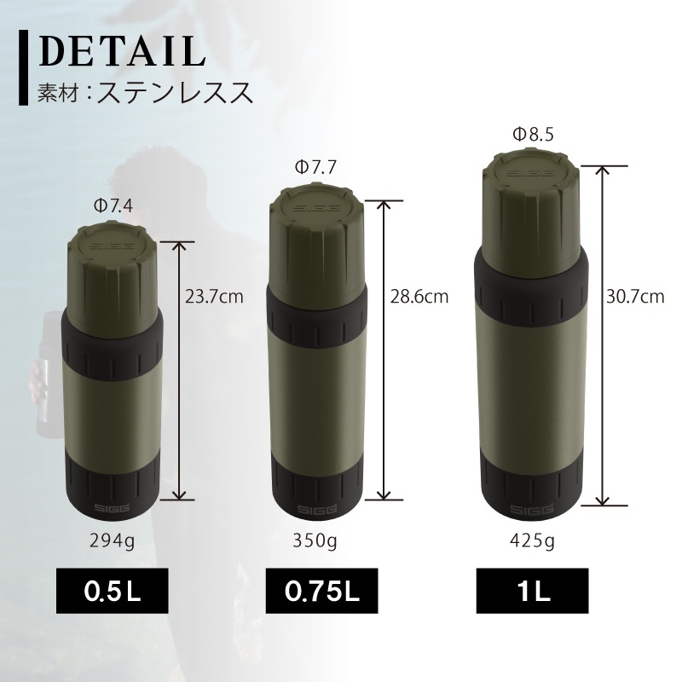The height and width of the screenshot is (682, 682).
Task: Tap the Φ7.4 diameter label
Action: point(112,205)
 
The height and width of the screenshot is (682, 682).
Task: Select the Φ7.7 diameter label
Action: point(315,168)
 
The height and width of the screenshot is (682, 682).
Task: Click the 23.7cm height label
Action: point(214,298)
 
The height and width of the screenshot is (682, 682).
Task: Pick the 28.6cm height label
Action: point(419,298)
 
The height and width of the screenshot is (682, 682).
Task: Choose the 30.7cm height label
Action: point(635,298)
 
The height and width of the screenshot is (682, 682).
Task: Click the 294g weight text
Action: point(111,540)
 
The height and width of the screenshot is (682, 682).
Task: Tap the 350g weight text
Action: point(316,540)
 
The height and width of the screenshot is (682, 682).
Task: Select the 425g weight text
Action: point(533,540)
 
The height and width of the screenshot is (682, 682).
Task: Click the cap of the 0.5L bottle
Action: point(111,269)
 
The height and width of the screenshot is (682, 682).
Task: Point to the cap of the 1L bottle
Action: point(533,205)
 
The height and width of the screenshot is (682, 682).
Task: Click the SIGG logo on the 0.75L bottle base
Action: point(316,510)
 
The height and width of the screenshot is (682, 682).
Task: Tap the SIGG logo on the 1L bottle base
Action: point(533,509)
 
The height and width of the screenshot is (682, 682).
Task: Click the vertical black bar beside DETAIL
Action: point(22,66)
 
